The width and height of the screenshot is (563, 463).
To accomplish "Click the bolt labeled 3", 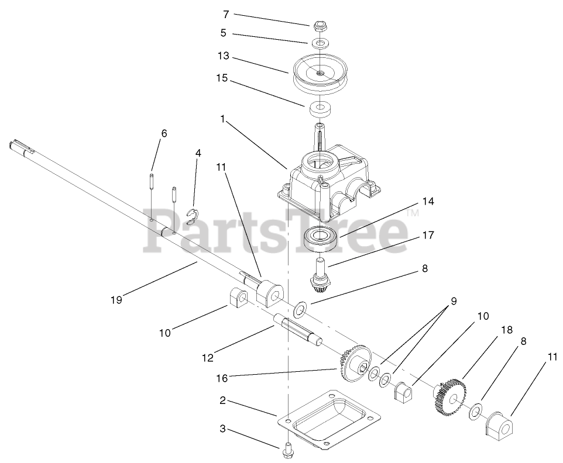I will coord(288,449).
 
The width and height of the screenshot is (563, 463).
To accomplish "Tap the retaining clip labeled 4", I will coord(192,216).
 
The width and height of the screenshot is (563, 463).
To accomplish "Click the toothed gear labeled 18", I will coord(451,398).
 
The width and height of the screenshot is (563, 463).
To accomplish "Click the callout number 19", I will coord(117,299).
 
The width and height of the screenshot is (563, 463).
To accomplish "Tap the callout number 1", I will coord(222,119).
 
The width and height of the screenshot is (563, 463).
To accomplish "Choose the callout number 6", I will coord(164,133).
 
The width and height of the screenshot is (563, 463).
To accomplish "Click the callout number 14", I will coord(428,201).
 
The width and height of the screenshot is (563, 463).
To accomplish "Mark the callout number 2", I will coord(222,401).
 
